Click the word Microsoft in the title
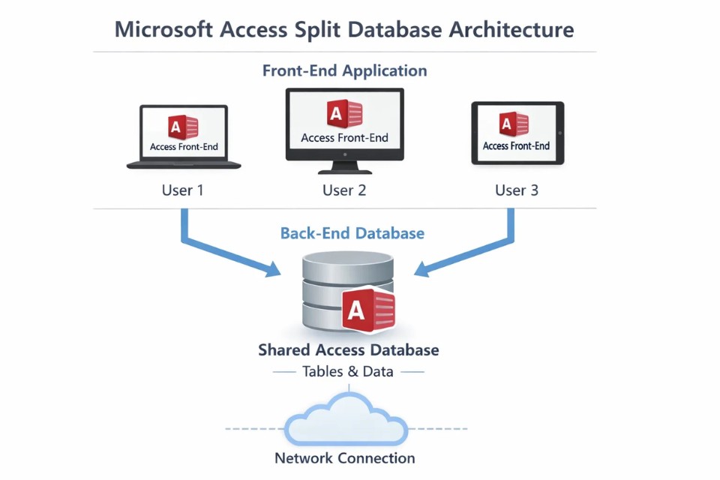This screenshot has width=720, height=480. pyautogui.click(x=163, y=30)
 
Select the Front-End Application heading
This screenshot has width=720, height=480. pyautogui.click(x=344, y=70)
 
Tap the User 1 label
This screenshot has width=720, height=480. pyautogui.click(x=182, y=190)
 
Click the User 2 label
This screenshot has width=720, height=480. pyautogui.click(x=344, y=190)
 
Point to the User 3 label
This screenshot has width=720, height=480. pyautogui.click(x=517, y=190)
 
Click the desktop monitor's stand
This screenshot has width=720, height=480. pyautogui.click(x=344, y=167)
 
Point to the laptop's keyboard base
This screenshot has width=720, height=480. pyautogui.click(x=184, y=164)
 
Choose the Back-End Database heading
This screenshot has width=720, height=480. pyautogui.click(x=352, y=233)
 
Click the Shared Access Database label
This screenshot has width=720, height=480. pyautogui.click(x=348, y=350)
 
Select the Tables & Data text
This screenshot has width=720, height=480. pyautogui.click(x=348, y=372)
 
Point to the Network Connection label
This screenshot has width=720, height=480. pyautogui.click(x=344, y=458)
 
